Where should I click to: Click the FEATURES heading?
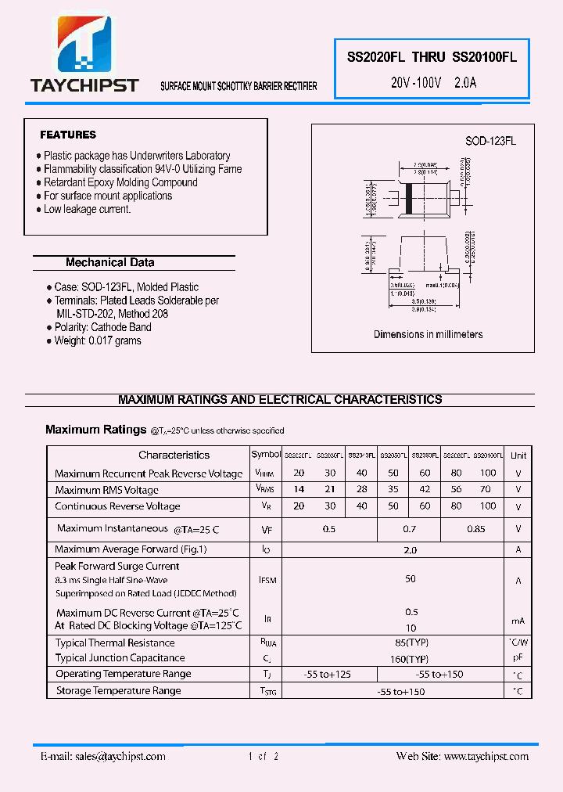[x=68, y=135]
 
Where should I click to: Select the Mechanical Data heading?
[x=109, y=263]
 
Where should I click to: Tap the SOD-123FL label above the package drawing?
[x=490, y=141]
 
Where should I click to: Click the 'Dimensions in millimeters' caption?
[x=428, y=334]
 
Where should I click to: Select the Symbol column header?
[x=266, y=454]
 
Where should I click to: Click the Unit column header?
[x=518, y=455]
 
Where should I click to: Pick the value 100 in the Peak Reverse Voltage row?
[x=488, y=473]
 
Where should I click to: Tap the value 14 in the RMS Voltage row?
[x=299, y=489]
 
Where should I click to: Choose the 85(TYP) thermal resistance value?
[x=411, y=643]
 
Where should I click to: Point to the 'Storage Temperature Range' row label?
[x=118, y=691]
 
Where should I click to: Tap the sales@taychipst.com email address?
[x=119, y=756]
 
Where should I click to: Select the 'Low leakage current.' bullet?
[x=87, y=209]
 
